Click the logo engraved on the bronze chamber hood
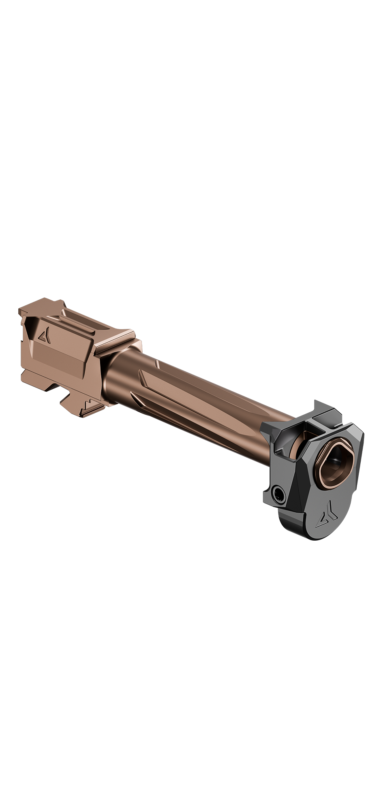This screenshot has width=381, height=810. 43,335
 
